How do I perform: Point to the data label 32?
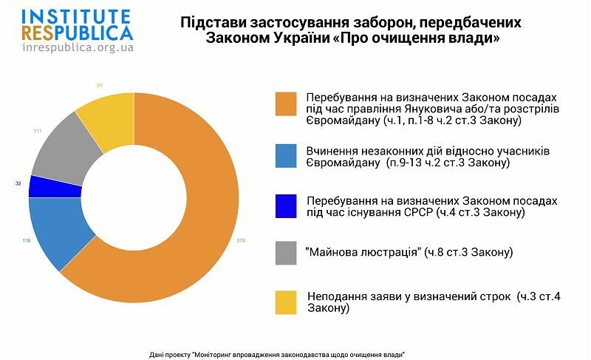coord(18,183)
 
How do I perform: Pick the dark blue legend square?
coord(285,206)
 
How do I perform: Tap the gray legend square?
coord(285,254)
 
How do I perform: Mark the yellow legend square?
coord(285,302)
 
